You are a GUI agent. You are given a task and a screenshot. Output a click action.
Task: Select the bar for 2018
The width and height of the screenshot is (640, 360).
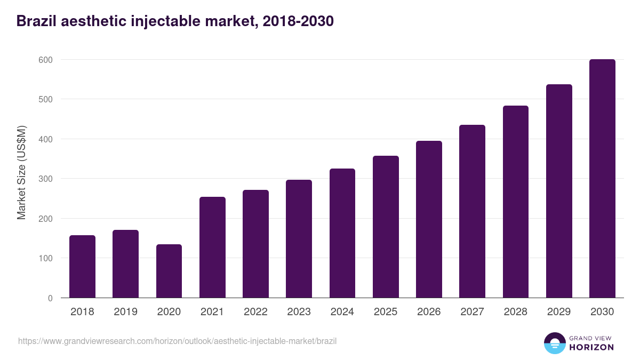pyautogui.click(x=82, y=267)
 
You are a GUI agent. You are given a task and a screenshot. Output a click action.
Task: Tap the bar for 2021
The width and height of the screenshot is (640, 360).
pyautogui.click(x=212, y=247)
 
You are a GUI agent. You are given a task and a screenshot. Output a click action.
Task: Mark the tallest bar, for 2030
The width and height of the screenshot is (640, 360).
pyautogui.click(x=602, y=179)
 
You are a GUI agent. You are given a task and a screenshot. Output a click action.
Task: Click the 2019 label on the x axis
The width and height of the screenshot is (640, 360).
pyautogui.click(x=125, y=312)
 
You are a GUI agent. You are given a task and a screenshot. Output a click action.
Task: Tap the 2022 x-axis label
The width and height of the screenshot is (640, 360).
pyautogui.click(x=255, y=312)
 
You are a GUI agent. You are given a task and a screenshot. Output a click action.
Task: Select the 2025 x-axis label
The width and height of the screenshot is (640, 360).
pyautogui.click(x=386, y=312)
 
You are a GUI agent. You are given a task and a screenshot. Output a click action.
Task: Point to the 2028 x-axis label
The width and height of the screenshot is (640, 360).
pyautogui.click(x=515, y=312)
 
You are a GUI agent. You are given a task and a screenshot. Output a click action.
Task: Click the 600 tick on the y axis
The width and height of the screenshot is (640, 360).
pyautogui.click(x=46, y=60)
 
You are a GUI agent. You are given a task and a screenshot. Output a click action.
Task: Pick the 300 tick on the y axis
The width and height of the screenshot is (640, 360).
pyautogui.click(x=46, y=179)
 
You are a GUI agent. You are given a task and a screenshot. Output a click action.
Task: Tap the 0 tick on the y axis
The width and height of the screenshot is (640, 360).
pyautogui.click(x=50, y=298)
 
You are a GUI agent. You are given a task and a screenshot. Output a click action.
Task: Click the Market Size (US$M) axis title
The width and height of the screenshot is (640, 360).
pyautogui.click(x=21, y=172)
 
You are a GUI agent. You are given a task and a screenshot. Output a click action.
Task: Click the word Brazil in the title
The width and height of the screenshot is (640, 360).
pyautogui.click(x=35, y=21)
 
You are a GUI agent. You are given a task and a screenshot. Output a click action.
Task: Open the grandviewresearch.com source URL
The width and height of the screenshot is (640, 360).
pyautogui.click(x=177, y=341)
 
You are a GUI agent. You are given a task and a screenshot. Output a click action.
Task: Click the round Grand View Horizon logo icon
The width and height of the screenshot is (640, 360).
pyautogui.click(x=555, y=343)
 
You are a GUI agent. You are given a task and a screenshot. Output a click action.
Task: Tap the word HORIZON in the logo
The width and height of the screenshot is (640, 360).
pyautogui.click(x=591, y=347)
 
